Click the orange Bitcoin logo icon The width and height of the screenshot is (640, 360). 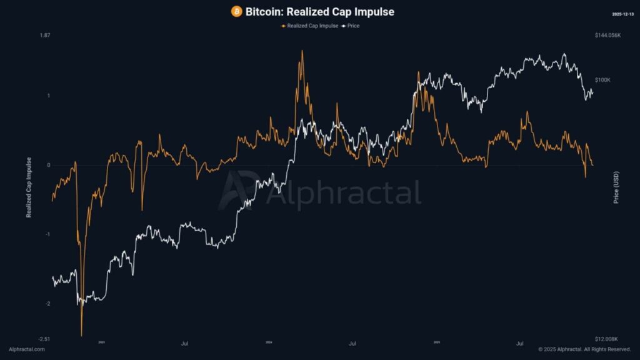236,12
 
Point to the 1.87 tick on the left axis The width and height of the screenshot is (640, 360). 45,36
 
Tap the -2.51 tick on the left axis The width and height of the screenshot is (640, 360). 44,339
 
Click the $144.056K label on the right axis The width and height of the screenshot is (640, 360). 607,36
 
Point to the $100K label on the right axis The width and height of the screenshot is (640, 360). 603,80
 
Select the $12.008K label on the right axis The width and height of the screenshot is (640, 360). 607,339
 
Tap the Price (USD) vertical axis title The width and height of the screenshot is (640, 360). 616,187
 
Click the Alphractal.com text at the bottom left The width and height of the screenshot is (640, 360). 27,349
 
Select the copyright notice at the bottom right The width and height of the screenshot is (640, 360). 584,349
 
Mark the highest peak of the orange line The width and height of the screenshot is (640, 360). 302,51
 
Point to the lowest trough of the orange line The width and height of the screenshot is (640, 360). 81,335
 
